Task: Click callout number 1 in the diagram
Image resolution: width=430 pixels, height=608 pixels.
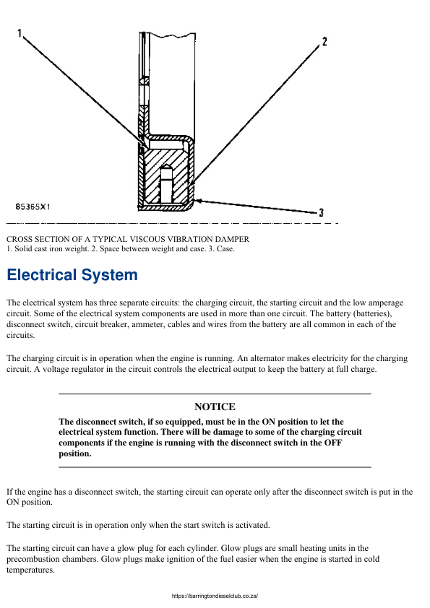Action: (x=20, y=32)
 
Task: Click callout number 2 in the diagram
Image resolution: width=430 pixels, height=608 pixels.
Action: (x=324, y=42)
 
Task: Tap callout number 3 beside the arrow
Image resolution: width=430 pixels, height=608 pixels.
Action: (x=321, y=212)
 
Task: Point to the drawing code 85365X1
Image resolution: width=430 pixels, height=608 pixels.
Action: (x=32, y=207)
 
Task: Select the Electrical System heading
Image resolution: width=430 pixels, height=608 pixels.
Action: (x=72, y=275)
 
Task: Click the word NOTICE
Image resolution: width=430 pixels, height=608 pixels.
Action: (x=215, y=407)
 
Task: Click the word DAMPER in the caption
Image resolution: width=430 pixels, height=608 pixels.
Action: (x=231, y=238)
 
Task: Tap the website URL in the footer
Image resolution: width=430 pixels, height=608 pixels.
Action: (x=215, y=596)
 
